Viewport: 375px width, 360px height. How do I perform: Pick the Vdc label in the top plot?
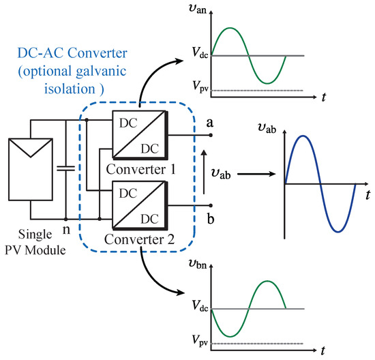coord(194,55)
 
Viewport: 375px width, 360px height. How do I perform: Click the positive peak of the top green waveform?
coord(231,28)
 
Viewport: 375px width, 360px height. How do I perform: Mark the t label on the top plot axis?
coord(321,97)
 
